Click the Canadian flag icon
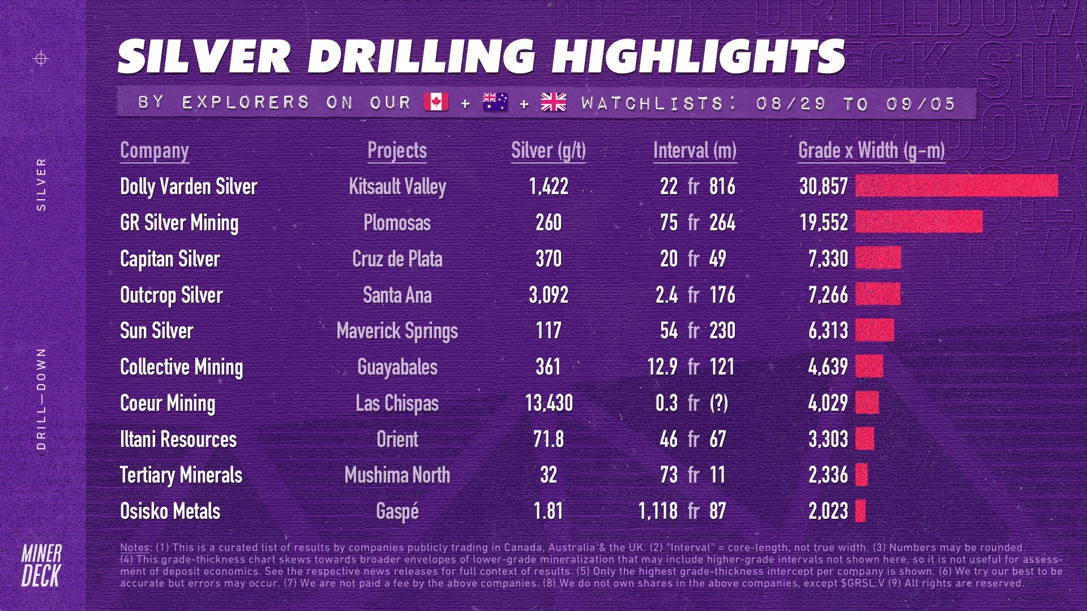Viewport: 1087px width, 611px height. (436, 102)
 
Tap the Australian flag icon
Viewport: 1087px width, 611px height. (495, 102)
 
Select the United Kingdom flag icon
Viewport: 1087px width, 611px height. (553, 102)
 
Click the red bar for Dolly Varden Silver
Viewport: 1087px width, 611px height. (956, 186)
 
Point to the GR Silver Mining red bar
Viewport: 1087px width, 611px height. (919, 222)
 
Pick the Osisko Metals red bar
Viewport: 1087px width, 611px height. (861, 511)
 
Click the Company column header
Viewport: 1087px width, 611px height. (154, 150)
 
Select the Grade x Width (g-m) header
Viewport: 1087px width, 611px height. (871, 150)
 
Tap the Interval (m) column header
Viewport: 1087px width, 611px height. (695, 150)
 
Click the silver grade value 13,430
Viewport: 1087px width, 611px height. (549, 403)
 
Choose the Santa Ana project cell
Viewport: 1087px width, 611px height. (397, 295)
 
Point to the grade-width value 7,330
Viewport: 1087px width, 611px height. (828, 259)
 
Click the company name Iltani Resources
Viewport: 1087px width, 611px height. (178, 439)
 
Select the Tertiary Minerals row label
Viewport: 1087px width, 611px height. (181, 475)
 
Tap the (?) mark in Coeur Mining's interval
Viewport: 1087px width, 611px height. (719, 403)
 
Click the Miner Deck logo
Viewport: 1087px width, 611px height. (41, 566)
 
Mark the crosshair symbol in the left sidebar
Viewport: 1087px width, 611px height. (41, 58)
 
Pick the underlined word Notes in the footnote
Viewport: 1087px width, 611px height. (135, 548)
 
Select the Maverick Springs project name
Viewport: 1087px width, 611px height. (397, 331)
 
